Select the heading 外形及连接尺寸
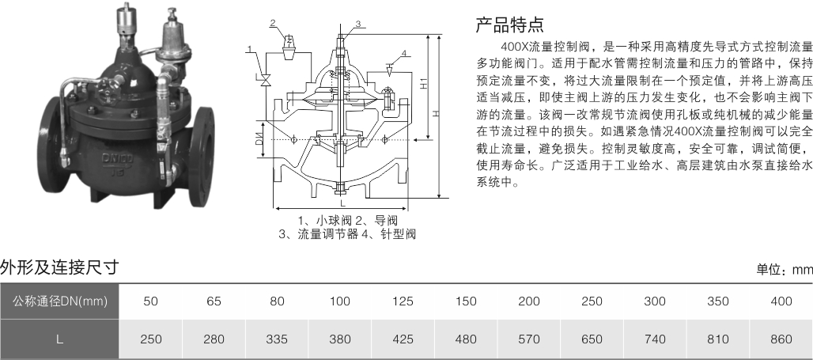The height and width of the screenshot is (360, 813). (x=59, y=268)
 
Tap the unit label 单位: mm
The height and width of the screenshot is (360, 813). (x=784, y=270)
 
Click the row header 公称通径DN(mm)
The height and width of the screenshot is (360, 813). (x=59, y=301)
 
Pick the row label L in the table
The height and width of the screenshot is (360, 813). (x=59, y=339)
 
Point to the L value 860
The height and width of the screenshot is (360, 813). (x=780, y=339)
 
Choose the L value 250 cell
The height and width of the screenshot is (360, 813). (x=151, y=339)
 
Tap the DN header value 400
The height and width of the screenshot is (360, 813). (x=780, y=301)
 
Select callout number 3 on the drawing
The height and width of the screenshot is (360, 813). (x=357, y=25)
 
